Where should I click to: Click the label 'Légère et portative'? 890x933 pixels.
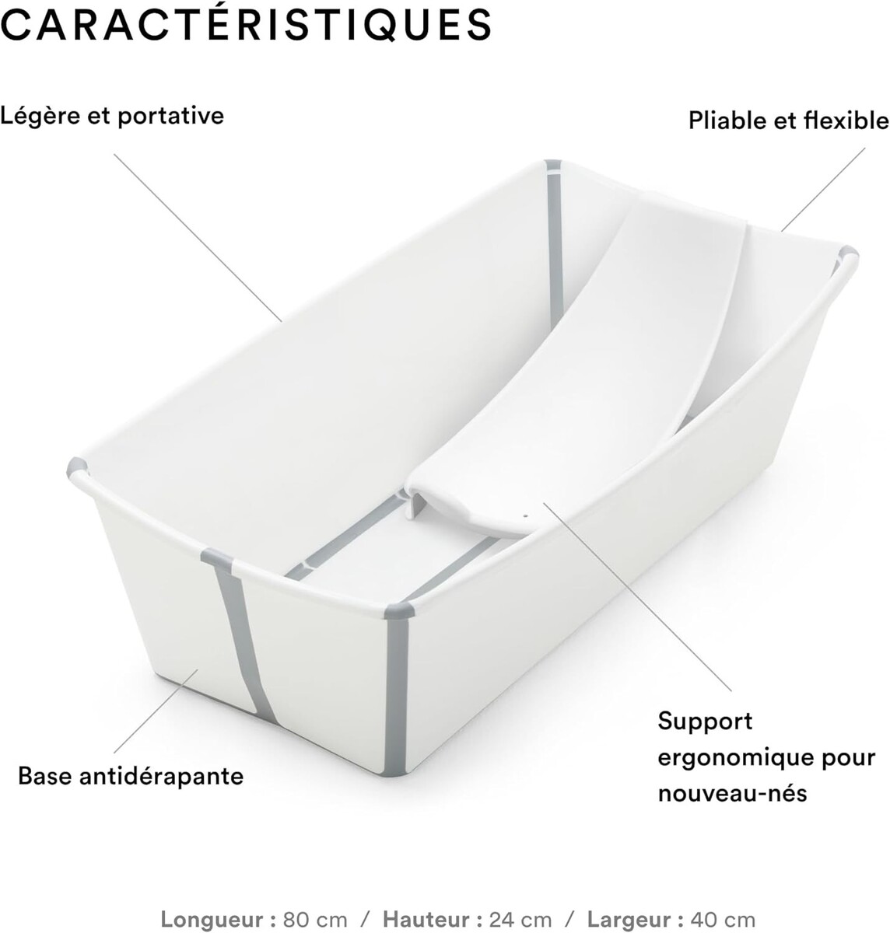point(112,116)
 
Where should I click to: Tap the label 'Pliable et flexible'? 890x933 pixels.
point(787,121)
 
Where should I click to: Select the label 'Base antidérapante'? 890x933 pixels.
point(131,775)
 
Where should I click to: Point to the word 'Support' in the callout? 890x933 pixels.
point(694,721)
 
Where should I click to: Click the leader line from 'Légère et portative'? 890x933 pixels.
point(198,237)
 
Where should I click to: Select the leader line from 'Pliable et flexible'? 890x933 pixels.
point(823,189)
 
